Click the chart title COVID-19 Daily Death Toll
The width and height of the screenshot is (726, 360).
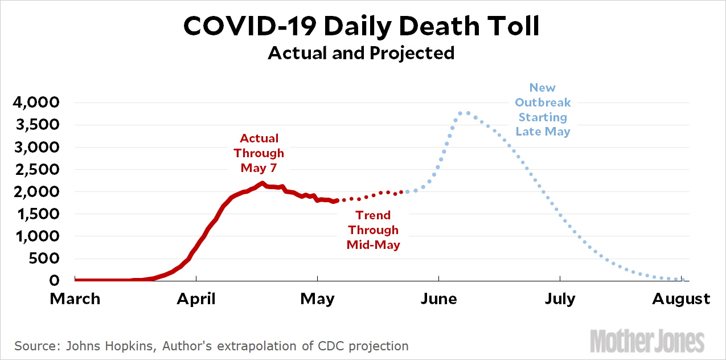pyautogui.click(x=362, y=27)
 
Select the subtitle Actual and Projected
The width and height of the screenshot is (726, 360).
pyautogui.click(x=362, y=53)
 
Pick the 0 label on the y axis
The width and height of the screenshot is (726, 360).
pyautogui.click(x=55, y=280)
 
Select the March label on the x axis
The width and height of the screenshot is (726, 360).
pyautogui.click(x=75, y=299)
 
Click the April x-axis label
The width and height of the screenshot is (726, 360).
pyautogui.click(x=196, y=299)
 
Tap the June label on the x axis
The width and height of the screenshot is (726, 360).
pyautogui.click(x=438, y=299)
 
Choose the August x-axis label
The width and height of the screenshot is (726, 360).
pyautogui.click(x=681, y=299)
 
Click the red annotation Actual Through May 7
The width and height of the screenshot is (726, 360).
pyautogui.click(x=259, y=153)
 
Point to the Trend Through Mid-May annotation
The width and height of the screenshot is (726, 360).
pyautogui.click(x=373, y=230)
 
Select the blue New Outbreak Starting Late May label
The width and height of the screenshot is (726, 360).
pyautogui.click(x=543, y=109)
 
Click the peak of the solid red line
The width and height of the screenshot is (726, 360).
pyautogui.click(x=262, y=183)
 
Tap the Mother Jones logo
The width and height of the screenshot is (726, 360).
pyautogui.click(x=647, y=340)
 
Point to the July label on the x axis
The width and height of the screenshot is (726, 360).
pyautogui.click(x=560, y=299)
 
